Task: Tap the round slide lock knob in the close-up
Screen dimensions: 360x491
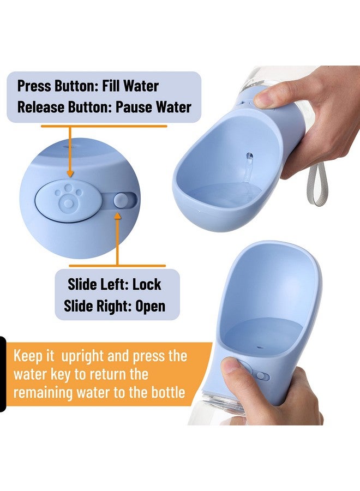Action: tap(120, 200)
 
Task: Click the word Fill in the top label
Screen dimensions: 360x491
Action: tap(111, 86)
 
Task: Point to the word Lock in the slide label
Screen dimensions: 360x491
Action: tap(147, 284)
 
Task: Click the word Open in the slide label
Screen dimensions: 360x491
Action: tap(150, 306)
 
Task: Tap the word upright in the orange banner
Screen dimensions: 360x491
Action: tap(82, 357)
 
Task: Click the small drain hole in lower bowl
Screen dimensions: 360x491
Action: tap(259, 348)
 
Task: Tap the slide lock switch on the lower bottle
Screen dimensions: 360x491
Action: tap(262, 375)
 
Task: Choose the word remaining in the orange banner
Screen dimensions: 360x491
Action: tap(43, 393)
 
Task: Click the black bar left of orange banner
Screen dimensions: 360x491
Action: tap(3, 374)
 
